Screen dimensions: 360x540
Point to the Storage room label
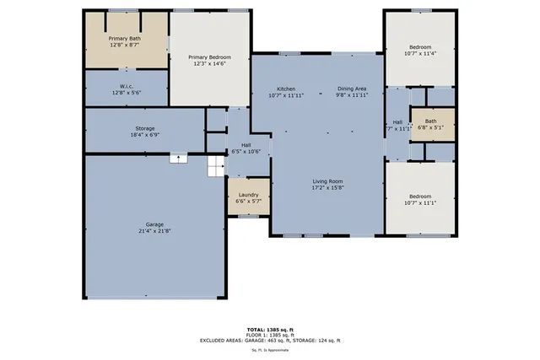click(x=144, y=126)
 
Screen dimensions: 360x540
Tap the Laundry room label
click(x=248, y=195)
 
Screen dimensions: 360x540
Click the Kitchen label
click(x=286, y=89)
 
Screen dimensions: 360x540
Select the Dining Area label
click(x=353, y=89)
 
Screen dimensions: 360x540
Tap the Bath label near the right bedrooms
click(x=430, y=121)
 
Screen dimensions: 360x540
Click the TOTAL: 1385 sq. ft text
click(x=270, y=328)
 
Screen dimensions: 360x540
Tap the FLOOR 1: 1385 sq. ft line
click(x=270, y=334)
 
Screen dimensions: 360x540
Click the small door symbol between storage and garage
click(x=178, y=157)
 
